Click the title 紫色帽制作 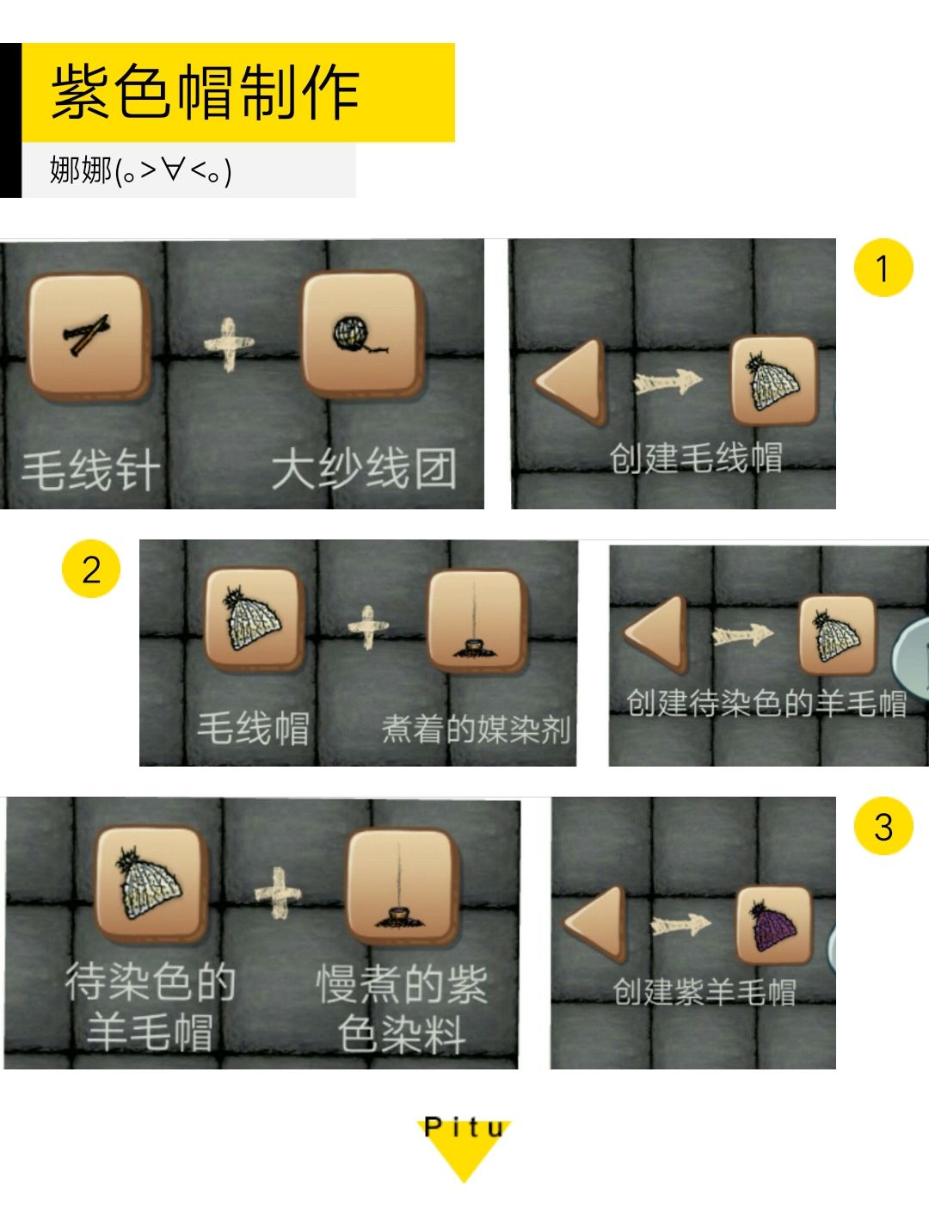[x=205, y=92]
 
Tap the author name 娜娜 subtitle [x=140, y=170]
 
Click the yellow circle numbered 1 [x=883, y=268]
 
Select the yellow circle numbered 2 [x=90, y=570]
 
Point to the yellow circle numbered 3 [x=883, y=827]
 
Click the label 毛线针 [x=90, y=471]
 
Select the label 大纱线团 [x=363, y=469]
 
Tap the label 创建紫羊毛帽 [x=704, y=991]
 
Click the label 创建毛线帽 [x=695, y=458]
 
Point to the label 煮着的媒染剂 [x=476, y=729]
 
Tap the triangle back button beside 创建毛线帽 [x=572, y=380]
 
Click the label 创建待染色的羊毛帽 [x=766, y=703]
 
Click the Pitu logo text [x=464, y=1127]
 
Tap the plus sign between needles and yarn [x=229, y=344]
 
